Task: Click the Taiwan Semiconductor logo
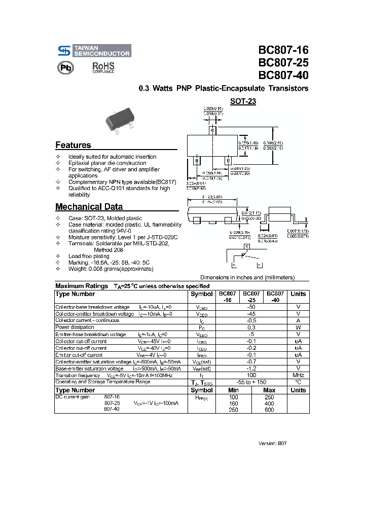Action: tap(93, 50)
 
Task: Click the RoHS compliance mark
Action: tap(103, 67)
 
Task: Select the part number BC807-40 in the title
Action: tap(283, 75)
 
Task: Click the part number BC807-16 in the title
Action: tap(283, 50)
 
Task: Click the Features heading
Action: tap(73, 145)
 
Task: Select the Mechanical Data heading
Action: tap(89, 207)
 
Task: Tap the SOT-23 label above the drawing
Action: tap(243, 101)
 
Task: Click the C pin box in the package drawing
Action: tap(213, 130)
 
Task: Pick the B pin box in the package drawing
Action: tap(196, 161)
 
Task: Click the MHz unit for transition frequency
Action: tap(298, 375)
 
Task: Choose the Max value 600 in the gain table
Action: tap(269, 410)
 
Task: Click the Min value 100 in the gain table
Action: tap(233, 397)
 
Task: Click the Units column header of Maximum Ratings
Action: tap(298, 294)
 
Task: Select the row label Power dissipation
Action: tap(75, 327)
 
